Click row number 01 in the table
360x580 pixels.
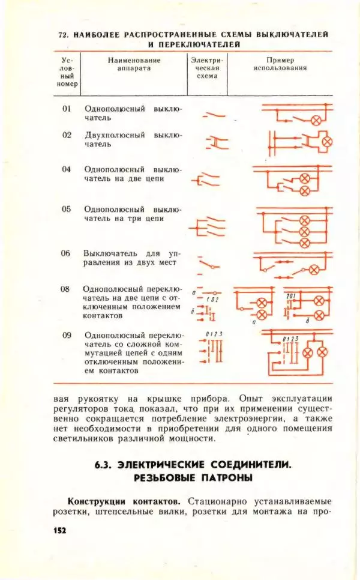pos(67,109)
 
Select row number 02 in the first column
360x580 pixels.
pos(67,135)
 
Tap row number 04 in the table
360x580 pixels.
pos(67,169)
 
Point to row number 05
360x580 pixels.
pos(67,209)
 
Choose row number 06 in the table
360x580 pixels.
pos(67,253)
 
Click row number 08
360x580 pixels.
pos(65,289)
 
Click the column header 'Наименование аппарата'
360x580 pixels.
pos(134,64)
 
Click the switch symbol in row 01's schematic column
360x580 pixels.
pos(213,114)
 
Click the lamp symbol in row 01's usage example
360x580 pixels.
pos(315,119)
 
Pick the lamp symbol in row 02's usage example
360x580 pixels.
pos(327,142)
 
